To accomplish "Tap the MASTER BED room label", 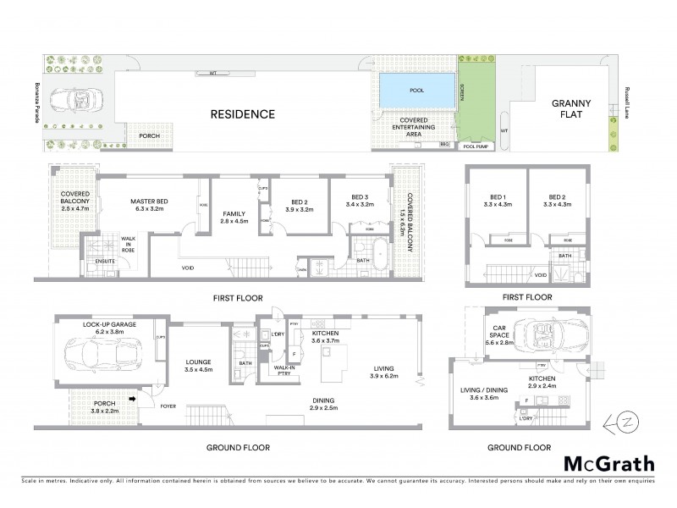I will (x=148, y=206).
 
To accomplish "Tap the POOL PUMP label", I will (x=477, y=146).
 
